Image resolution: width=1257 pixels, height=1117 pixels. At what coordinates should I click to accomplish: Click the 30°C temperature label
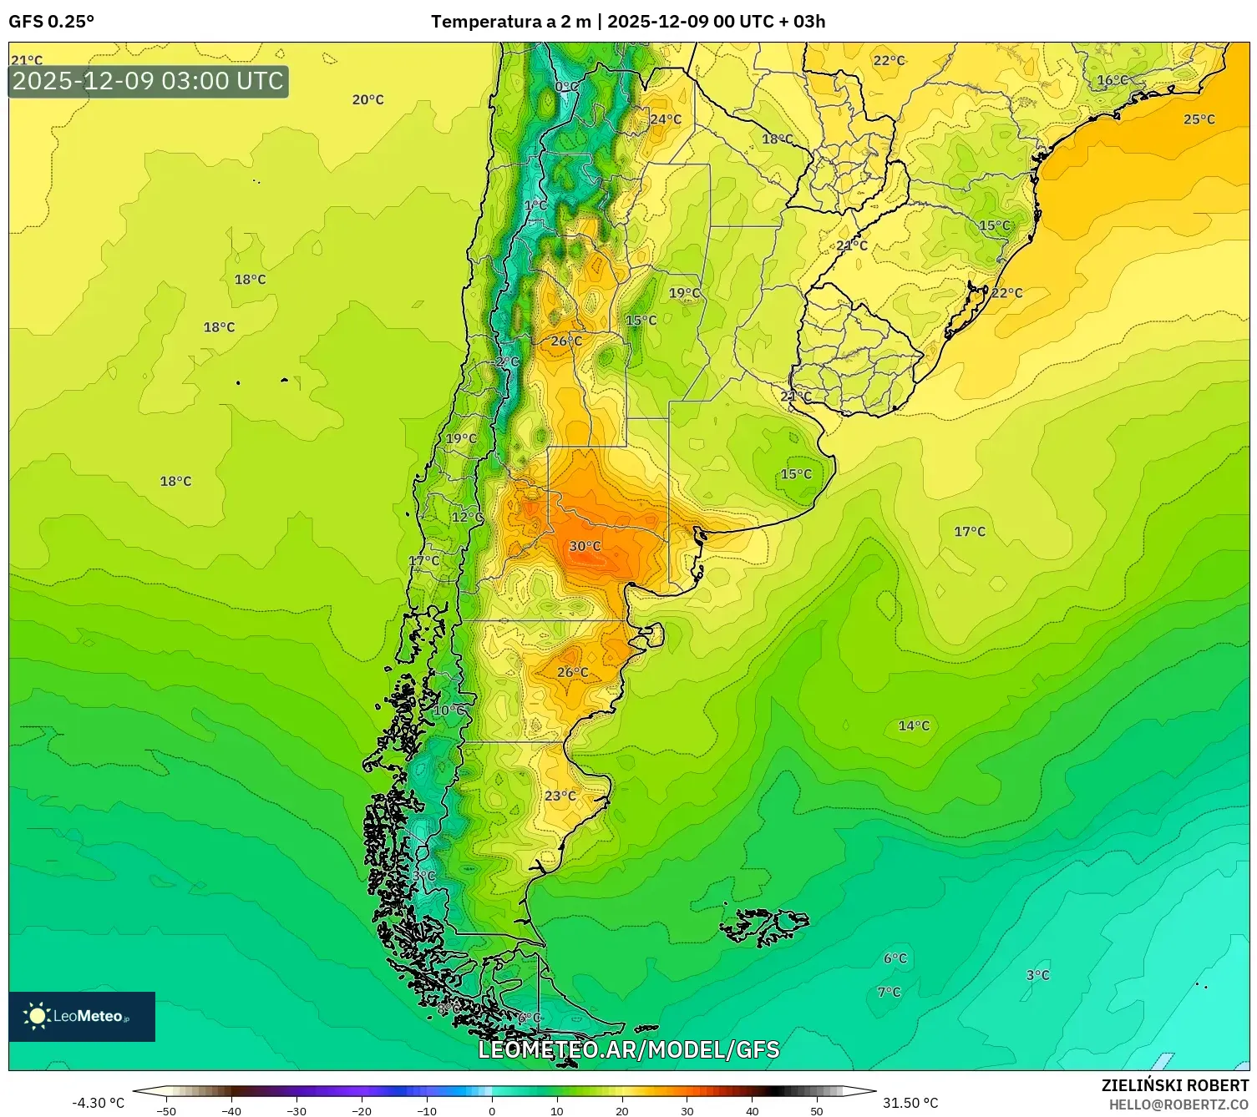(x=585, y=546)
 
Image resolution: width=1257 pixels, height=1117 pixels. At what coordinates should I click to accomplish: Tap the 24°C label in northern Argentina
(x=666, y=119)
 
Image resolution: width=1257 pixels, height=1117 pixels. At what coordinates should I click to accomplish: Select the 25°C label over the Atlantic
(x=1199, y=119)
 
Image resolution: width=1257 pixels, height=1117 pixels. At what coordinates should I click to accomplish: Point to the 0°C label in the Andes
(x=566, y=87)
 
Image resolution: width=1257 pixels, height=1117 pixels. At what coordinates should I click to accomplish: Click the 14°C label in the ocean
(x=914, y=725)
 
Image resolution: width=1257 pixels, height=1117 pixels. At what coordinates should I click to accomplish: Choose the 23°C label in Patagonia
(x=560, y=796)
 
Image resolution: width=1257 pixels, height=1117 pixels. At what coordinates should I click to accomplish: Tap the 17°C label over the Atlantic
(x=970, y=531)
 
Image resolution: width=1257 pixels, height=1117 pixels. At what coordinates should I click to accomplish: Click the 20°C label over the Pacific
(x=367, y=99)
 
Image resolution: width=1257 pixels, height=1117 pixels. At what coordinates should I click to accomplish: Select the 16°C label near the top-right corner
(x=1112, y=80)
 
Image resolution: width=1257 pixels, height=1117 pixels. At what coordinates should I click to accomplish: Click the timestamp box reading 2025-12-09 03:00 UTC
(x=149, y=81)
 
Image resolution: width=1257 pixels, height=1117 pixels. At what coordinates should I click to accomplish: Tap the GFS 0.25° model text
(x=51, y=22)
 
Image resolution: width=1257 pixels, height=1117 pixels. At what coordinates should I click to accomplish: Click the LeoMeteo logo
(x=82, y=1016)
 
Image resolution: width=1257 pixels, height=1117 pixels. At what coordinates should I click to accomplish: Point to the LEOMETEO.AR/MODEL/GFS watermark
(x=628, y=1049)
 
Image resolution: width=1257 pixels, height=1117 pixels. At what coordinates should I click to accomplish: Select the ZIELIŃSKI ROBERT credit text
(x=1174, y=1085)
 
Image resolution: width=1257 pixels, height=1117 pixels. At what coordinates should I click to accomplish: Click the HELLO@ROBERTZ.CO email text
(x=1178, y=1104)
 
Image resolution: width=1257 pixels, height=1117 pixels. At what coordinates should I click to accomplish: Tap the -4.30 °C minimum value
(x=98, y=1103)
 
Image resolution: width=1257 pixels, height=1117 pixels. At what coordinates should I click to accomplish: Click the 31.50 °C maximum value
(x=910, y=1103)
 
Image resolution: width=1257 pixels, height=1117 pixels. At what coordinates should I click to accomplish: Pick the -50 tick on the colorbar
(x=166, y=1110)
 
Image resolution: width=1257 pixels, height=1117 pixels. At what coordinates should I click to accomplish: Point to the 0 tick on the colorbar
(x=491, y=1110)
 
